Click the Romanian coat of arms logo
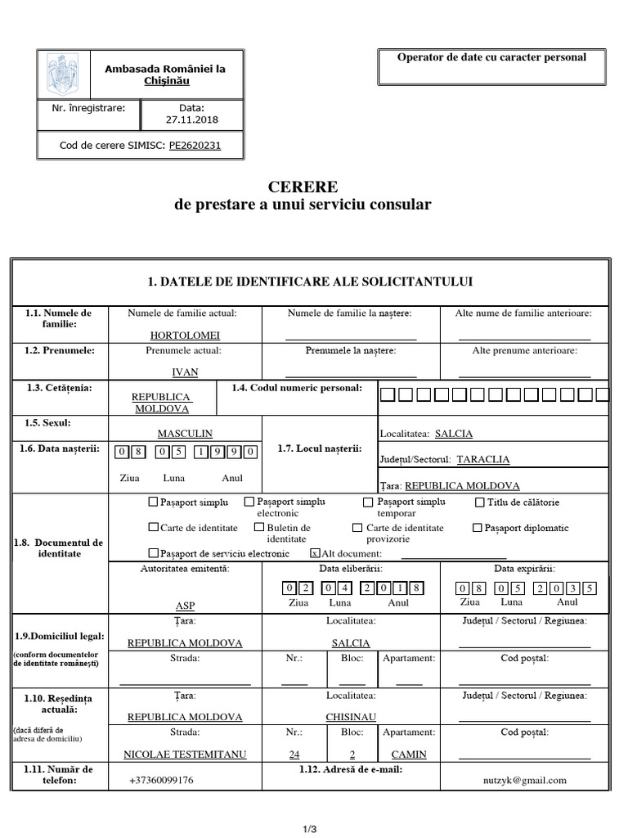click(61, 74)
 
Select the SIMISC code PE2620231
click(195, 146)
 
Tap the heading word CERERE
click(303, 187)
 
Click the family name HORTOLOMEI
click(185, 336)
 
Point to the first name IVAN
click(185, 372)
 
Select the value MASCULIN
click(185, 434)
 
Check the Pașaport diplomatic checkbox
click(478, 528)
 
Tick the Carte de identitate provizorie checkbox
click(357, 528)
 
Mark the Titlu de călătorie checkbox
click(480, 502)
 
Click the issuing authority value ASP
click(185, 606)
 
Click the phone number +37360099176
click(161, 780)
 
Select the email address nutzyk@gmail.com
click(524, 780)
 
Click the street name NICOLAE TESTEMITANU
click(185, 755)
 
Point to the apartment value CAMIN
click(409, 755)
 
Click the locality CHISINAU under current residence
click(351, 717)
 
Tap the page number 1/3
click(310, 830)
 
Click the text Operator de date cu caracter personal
click(491, 56)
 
